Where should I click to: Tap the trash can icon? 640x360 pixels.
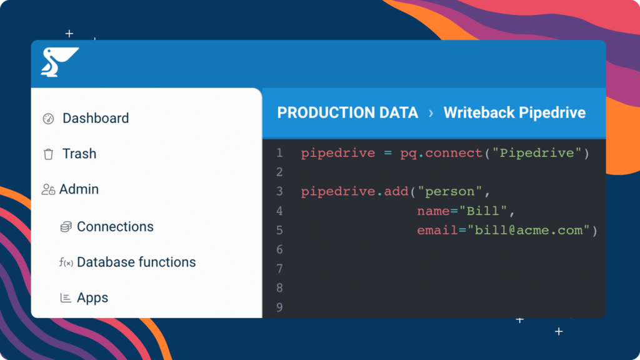pos(48,154)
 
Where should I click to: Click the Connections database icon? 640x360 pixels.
pos(66,226)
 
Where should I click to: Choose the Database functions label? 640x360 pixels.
pos(136,262)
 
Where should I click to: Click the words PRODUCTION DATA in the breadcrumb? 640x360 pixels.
pos(347,112)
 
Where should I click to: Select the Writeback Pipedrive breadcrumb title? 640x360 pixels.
pos(514,112)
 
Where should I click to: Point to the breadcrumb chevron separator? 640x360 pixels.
pos(431,113)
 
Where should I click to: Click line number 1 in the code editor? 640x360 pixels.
pos(279,153)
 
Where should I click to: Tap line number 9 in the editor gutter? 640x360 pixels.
pos(279,307)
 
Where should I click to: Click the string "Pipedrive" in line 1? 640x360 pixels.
pos(537,153)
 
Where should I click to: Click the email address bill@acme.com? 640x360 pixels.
pos(529,230)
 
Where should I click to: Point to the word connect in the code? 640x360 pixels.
pos(454,153)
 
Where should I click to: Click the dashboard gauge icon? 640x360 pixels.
pos(48,119)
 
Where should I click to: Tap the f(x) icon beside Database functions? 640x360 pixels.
pos(66,262)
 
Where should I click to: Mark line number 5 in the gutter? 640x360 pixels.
pos(279,230)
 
